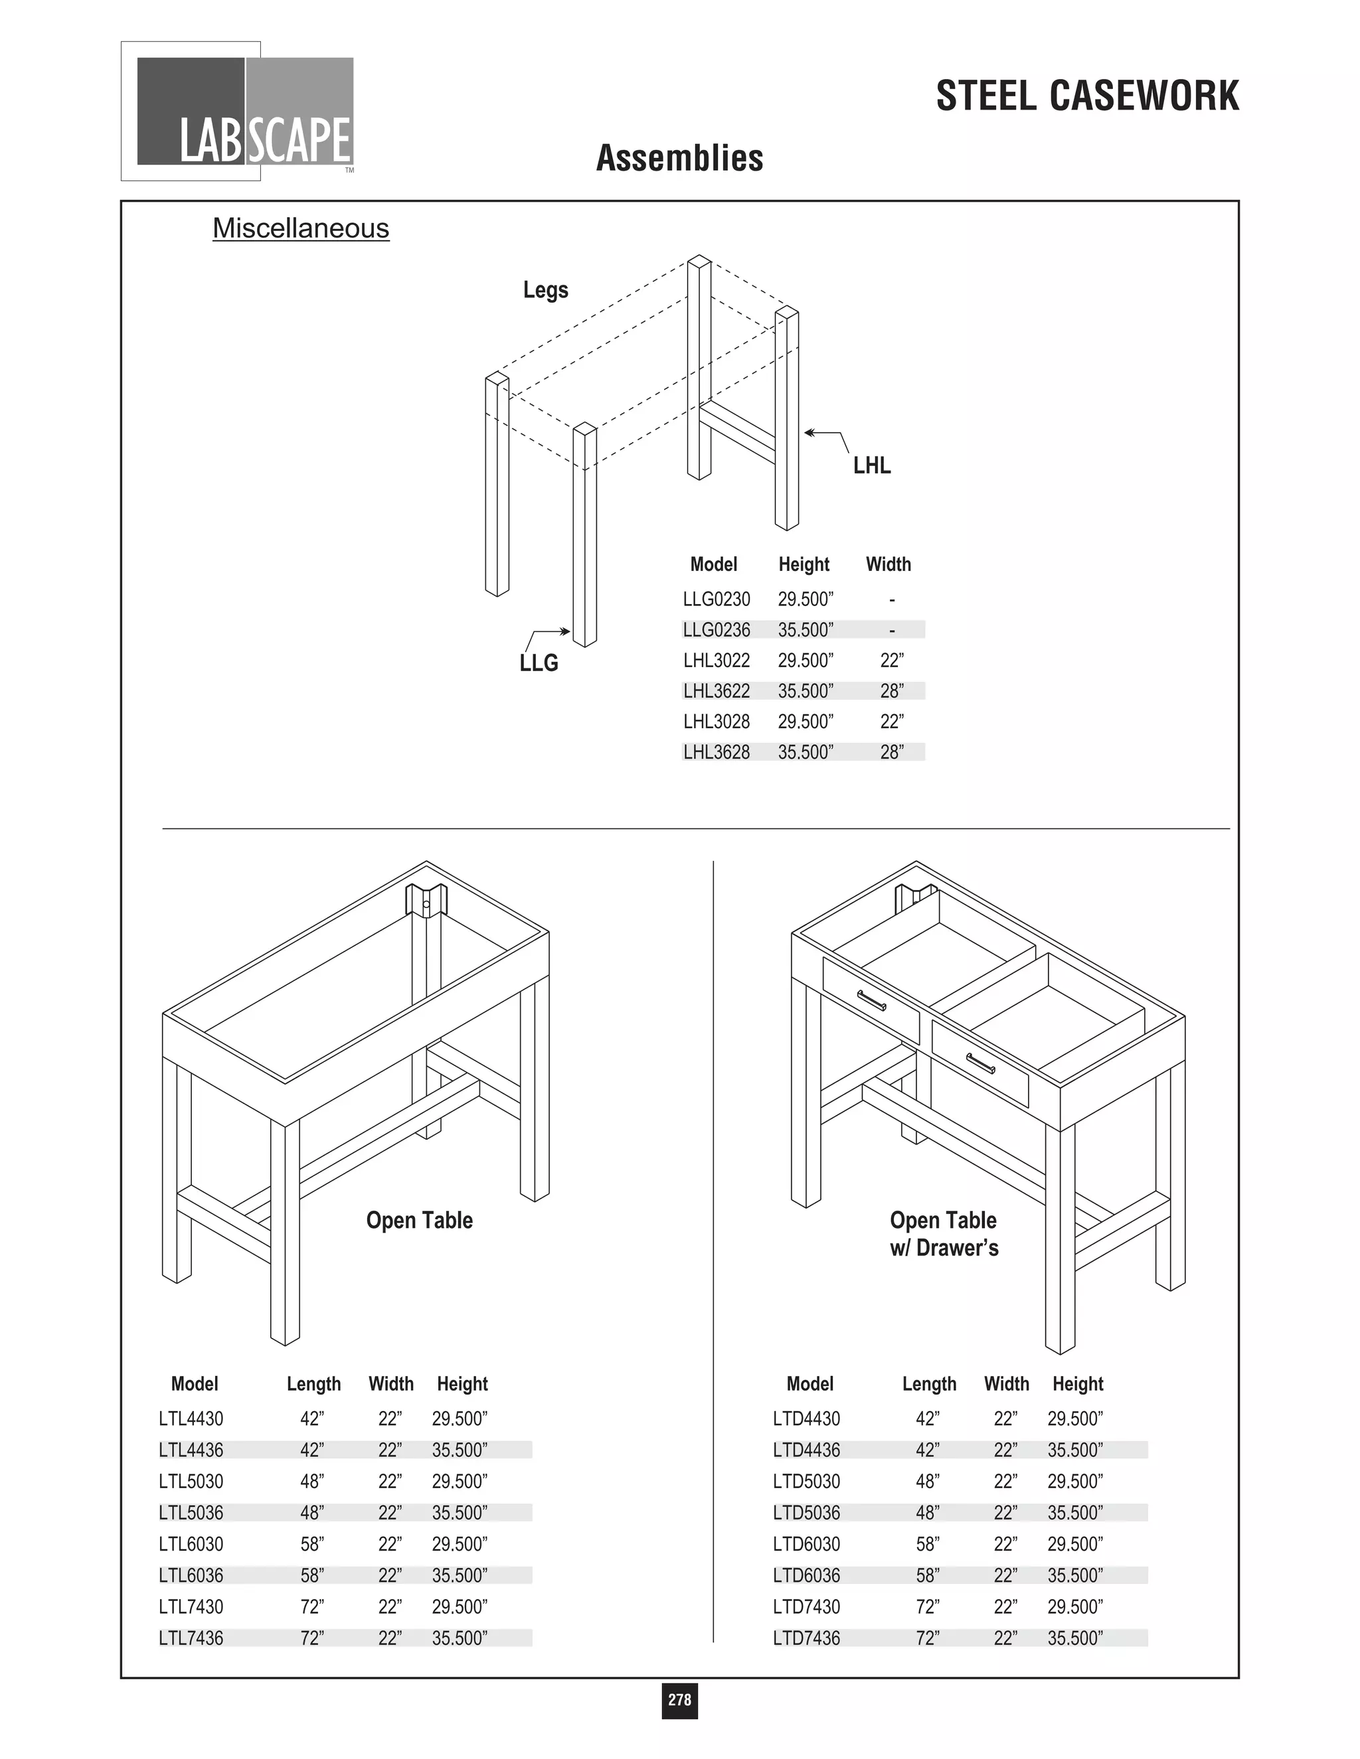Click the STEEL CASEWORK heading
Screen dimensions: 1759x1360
click(x=1087, y=97)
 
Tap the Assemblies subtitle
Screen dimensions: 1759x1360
click(x=679, y=158)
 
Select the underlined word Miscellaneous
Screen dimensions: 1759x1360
click(x=301, y=229)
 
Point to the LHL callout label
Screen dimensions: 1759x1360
click(x=872, y=465)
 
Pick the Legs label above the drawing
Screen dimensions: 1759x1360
click(x=545, y=290)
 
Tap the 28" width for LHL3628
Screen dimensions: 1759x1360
click(x=892, y=752)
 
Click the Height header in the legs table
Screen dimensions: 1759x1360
click(x=804, y=565)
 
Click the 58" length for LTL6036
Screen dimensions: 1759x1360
click(x=312, y=1575)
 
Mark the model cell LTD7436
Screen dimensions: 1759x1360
click(x=806, y=1638)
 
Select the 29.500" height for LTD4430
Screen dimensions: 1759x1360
click(x=1075, y=1418)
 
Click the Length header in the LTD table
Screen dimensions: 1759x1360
click(x=929, y=1384)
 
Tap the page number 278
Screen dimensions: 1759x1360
click(x=679, y=1699)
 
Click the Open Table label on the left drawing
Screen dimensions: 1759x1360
click(x=419, y=1220)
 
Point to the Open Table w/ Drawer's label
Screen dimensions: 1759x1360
click(x=944, y=1234)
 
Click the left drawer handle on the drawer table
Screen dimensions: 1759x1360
click(x=872, y=1000)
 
